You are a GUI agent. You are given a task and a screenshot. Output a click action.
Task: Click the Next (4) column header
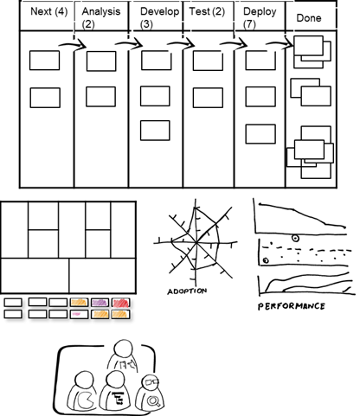(49, 11)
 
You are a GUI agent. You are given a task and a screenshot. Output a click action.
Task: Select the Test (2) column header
(207, 11)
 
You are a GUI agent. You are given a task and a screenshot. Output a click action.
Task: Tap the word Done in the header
(309, 18)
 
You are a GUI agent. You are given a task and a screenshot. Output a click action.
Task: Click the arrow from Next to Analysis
(73, 45)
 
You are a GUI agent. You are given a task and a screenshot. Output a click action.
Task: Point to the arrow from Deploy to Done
(280, 44)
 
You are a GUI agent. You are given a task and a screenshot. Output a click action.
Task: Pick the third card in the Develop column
(155, 131)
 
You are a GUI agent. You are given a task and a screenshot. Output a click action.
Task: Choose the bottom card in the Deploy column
(260, 134)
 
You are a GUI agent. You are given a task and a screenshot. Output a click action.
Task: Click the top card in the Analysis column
(101, 61)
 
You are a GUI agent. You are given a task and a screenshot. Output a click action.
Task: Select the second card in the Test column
(208, 98)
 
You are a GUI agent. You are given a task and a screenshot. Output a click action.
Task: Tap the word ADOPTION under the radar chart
(187, 291)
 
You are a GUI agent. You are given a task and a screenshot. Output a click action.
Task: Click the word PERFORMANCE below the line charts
(292, 306)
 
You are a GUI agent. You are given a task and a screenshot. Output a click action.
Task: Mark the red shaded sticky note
(121, 303)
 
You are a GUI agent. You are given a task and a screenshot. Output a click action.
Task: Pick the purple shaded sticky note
(100, 303)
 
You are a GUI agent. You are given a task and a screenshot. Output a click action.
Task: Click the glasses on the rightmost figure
(151, 382)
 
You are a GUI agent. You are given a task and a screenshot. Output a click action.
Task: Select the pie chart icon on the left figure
(85, 400)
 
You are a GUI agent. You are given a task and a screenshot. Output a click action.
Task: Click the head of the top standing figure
(124, 349)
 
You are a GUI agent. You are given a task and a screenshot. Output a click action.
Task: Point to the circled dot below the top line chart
(295, 238)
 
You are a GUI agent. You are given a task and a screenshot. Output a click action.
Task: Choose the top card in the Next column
(45, 61)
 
